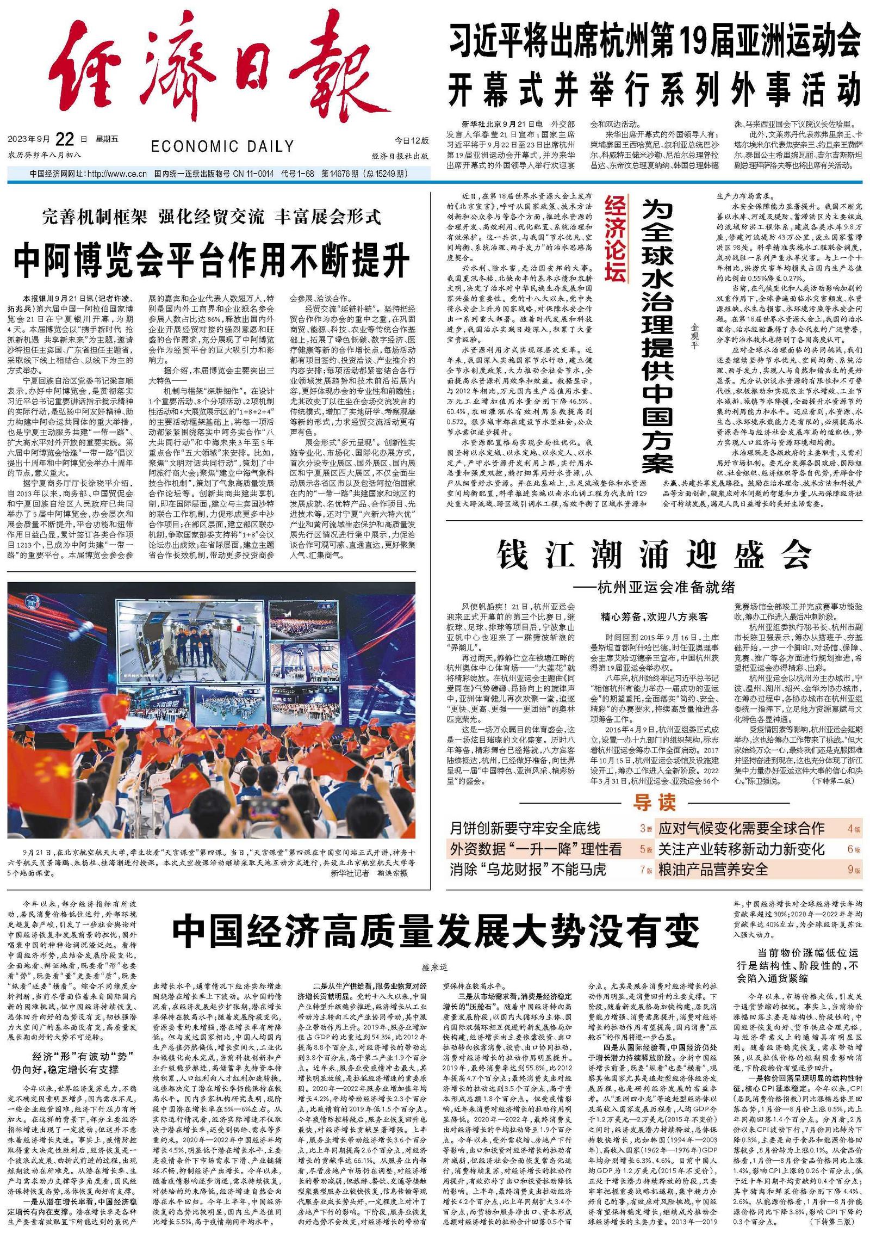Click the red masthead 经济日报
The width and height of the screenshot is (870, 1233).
point(217,68)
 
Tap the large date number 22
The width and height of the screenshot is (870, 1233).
point(65,139)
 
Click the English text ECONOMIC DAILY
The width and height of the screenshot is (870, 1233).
point(222,146)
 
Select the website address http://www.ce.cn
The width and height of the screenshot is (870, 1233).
point(117,174)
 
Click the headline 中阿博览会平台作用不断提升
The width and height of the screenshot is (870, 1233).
point(212,262)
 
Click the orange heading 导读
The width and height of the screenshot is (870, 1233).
point(654,802)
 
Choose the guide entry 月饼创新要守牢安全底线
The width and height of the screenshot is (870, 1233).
point(525,828)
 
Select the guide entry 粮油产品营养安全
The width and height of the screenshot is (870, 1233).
point(713,869)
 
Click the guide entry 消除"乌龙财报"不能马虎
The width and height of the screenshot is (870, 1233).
point(527,869)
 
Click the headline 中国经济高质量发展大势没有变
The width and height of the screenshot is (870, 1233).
point(435,932)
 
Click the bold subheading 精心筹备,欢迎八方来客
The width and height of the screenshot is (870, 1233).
point(654,617)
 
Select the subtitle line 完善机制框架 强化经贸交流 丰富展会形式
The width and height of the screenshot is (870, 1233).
point(212,217)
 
